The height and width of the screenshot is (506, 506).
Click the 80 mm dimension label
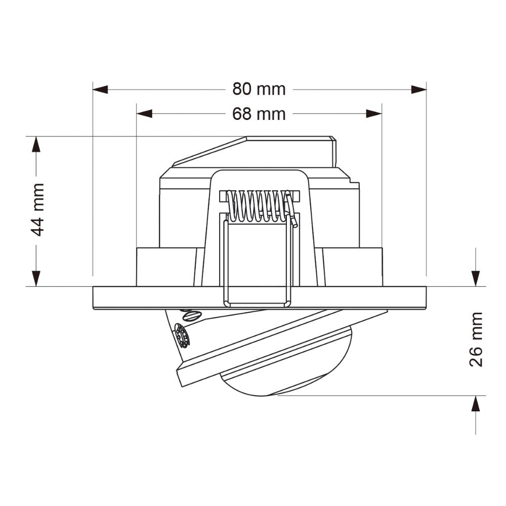coord(259,89)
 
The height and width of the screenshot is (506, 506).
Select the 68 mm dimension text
coord(259,114)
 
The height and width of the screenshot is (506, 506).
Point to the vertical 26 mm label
coord(476,339)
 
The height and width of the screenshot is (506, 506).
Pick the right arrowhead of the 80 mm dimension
coord(419,89)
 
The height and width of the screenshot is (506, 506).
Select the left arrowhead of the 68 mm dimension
coord(144,114)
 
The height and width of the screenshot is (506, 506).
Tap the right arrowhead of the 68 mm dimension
coord(374,114)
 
